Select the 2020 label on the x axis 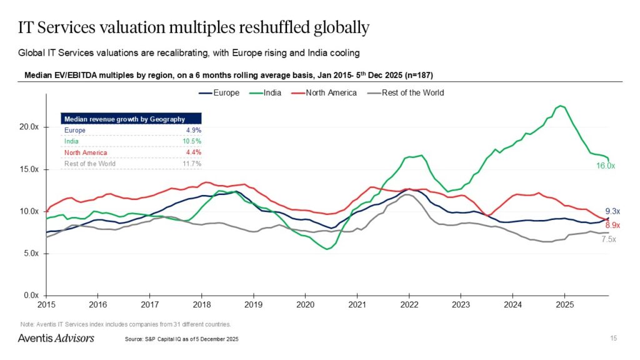click(305, 305)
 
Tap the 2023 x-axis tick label click(461, 305)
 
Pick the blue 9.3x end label click(613, 212)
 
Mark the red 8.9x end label click(613, 225)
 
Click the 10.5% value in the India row click(192, 141)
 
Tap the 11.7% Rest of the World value click(192, 164)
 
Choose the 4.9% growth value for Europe click(194, 130)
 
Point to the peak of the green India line click(561, 106)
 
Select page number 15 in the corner click(613, 338)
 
